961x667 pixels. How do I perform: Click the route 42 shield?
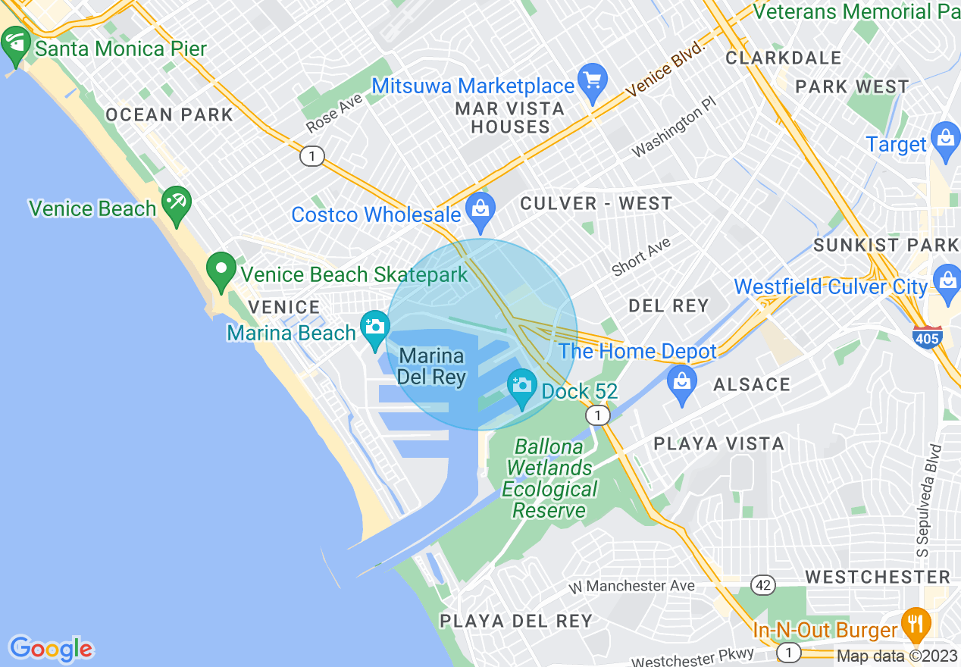click(x=763, y=584)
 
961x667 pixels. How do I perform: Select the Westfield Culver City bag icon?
click(x=947, y=280)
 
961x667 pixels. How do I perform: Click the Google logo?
click(x=52, y=649)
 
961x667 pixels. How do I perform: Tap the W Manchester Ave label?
click(x=632, y=585)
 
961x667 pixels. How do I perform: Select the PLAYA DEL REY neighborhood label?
click(x=515, y=621)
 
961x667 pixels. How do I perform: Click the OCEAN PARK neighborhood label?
click(x=169, y=115)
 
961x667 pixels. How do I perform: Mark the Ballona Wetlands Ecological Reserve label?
click(x=549, y=478)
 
